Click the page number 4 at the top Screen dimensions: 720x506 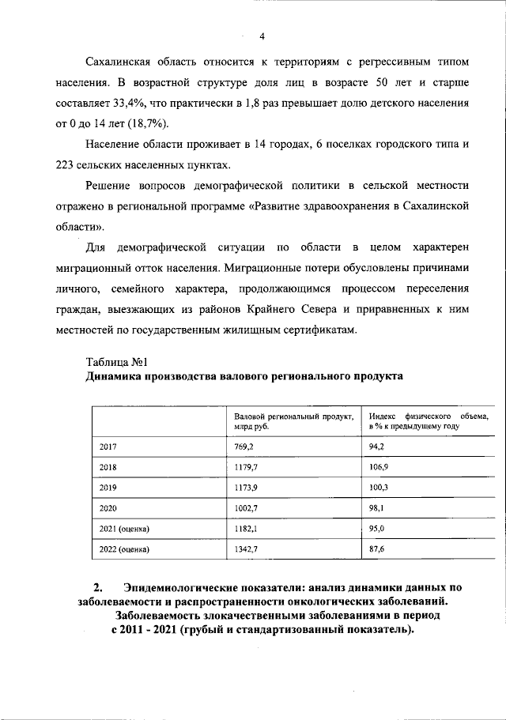tap(262, 35)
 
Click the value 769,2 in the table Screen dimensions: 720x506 tap(246, 447)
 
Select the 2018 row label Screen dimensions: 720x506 tap(108, 467)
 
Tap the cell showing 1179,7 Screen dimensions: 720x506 tap(247, 467)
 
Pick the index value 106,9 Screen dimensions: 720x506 tap(380, 467)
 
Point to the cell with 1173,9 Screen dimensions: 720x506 tap(247, 488)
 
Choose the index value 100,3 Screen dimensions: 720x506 tap(380, 488)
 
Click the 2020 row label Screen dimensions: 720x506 tap(108, 508)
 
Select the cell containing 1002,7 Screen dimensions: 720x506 tap(247, 508)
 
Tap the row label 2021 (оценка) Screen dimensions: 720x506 tap(124, 528)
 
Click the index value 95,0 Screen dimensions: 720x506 tap(379, 528)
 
